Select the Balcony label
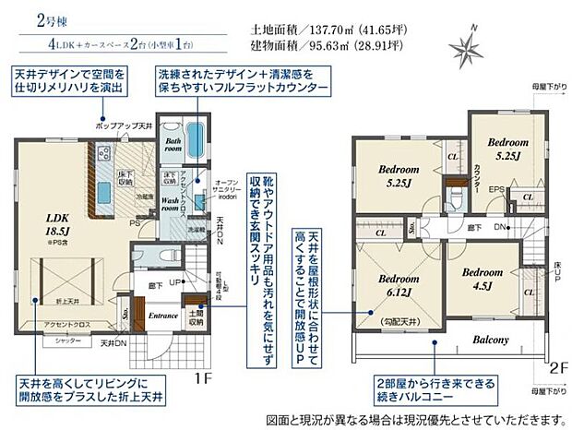(x=491, y=340)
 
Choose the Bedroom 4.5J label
(x=482, y=278)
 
